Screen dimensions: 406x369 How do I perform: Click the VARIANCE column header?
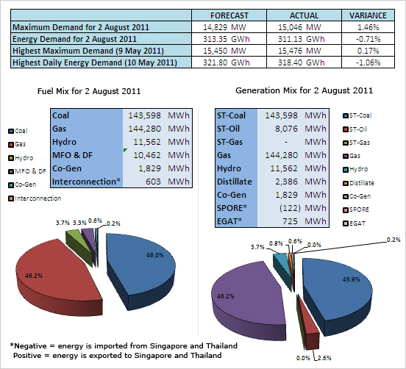click(x=368, y=15)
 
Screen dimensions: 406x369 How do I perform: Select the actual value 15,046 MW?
click(x=299, y=27)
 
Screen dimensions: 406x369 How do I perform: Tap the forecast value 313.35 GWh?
click(x=226, y=39)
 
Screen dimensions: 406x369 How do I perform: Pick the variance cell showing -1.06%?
click(x=368, y=62)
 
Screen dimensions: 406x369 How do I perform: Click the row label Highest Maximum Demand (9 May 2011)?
click(x=88, y=51)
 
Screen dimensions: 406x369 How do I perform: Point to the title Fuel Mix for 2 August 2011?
click(x=89, y=91)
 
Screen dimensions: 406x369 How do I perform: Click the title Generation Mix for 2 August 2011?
click(x=304, y=90)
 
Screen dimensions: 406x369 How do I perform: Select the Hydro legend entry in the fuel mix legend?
click(x=21, y=158)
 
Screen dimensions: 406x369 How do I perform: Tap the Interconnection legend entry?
click(x=35, y=198)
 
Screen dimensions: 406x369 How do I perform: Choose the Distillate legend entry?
click(x=359, y=183)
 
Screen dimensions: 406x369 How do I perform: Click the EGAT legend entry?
click(x=355, y=223)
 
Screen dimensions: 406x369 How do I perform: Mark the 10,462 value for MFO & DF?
click(x=147, y=155)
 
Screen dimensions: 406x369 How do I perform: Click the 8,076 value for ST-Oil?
click(x=286, y=129)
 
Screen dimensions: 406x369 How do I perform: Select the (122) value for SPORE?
click(x=290, y=208)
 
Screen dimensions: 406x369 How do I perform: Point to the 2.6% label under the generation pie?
click(x=324, y=358)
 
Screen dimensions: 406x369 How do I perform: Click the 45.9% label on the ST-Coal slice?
click(x=352, y=279)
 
